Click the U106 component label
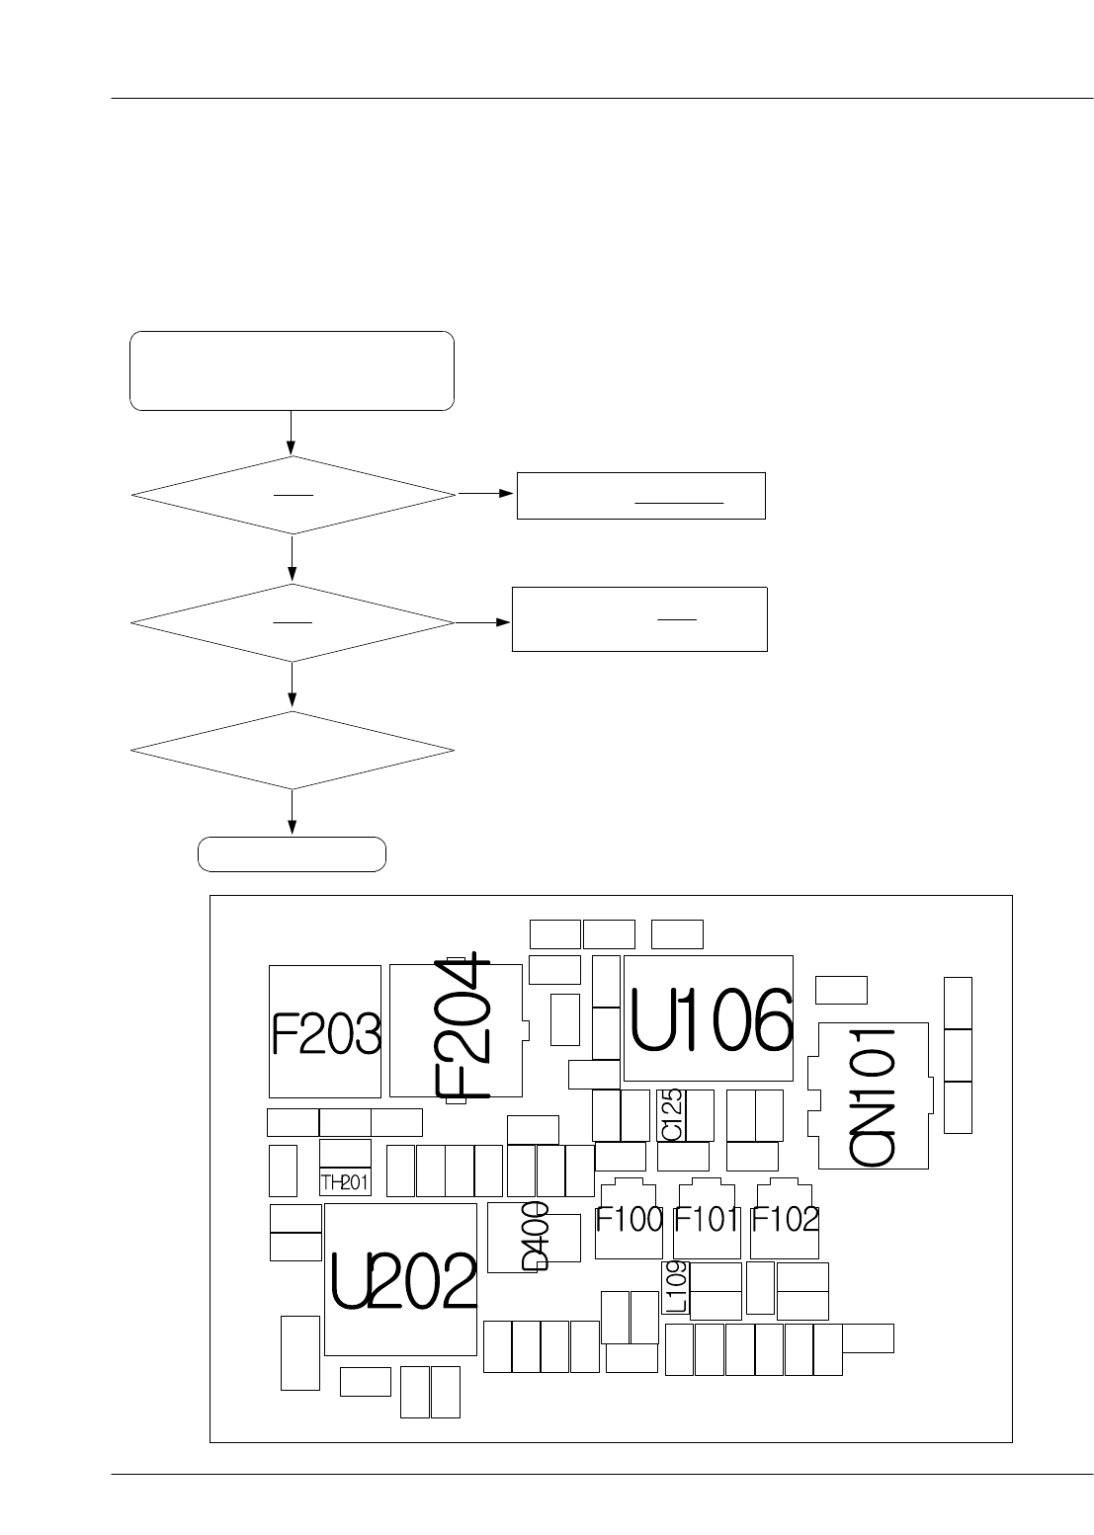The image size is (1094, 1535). [x=711, y=1020]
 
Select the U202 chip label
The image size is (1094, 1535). [x=403, y=1280]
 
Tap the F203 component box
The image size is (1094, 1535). [x=325, y=1032]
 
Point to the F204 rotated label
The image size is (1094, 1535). [x=463, y=1027]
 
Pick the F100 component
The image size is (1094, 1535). [x=629, y=1221]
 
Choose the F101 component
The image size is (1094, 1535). [x=707, y=1221]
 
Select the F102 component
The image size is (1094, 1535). [x=785, y=1221]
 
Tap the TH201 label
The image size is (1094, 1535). [x=345, y=1182]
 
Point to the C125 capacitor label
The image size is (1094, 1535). [x=671, y=1114]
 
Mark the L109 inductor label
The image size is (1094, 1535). [x=676, y=1285]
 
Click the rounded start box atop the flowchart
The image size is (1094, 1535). [x=292, y=371]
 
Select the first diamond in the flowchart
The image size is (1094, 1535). [x=293, y=495]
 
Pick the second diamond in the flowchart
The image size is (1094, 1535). [x=293, y=622]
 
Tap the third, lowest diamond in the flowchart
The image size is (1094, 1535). [x=293, y=750]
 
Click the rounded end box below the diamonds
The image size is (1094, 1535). [x=292, y=854]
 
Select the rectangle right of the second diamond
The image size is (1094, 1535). [x=639, y=619]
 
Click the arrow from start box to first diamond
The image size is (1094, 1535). [x=293, y=433]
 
